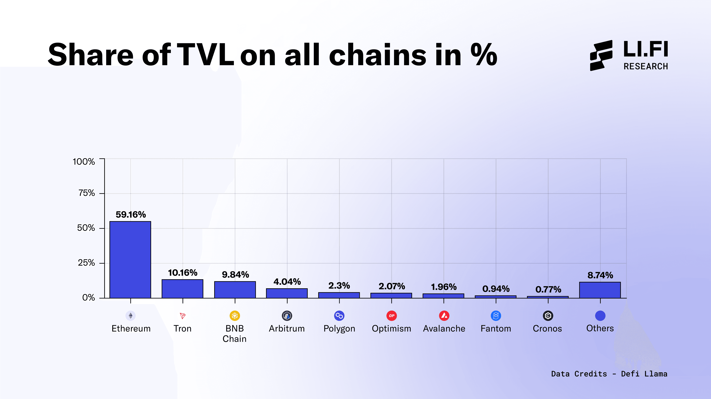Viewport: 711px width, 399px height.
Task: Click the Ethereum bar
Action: pyautogui.click(x=130, y=260)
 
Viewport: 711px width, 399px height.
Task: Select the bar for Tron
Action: pyautogui.click(x=182, y=289)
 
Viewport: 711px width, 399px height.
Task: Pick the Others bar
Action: pyautogui.click(x=600, y=290)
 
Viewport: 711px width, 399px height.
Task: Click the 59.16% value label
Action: pyautogui.click(x=131, y=215)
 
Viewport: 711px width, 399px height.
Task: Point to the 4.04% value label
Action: pyautogui.click(x=287, y=282)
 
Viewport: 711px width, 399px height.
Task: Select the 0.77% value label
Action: pyautogui.click(x=548, y=289)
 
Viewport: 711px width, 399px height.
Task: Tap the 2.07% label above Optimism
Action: pyautogui.click(x=392, y=286)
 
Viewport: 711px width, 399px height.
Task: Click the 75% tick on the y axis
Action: pyautogui.click(x=87, y=193)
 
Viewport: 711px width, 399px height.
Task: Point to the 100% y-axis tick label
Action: pyautogui.click(x=84, y=162)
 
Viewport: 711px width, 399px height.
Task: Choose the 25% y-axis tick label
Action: pyautogui.click(x=86, y=263)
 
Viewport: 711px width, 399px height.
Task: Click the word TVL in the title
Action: pyautogui.click(x=206, y=55)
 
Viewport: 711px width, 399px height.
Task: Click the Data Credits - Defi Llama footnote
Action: pyautogui.click(x=609, y=374)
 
